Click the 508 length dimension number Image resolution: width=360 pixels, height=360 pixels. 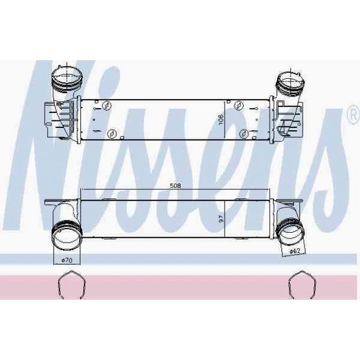click(x=175, y=186)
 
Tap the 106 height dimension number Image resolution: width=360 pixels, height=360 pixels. click(x=221, y=119)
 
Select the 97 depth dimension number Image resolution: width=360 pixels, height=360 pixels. click(x=221, y=219)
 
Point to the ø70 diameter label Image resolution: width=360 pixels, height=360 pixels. click(x=67, y=260)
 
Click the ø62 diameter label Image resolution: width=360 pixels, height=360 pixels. click(x=295, y=251)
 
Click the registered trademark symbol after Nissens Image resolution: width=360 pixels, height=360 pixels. click(x=354, y=116)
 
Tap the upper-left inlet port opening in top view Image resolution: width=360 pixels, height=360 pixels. click(x=67, y=76)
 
